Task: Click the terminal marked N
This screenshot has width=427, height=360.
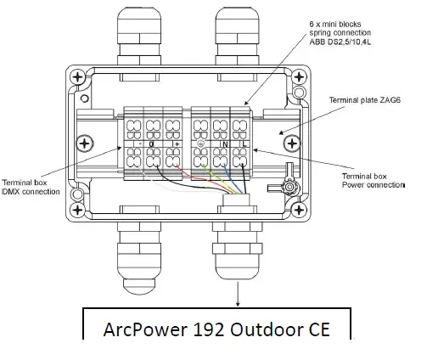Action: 223,144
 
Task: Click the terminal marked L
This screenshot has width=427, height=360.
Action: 243,144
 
